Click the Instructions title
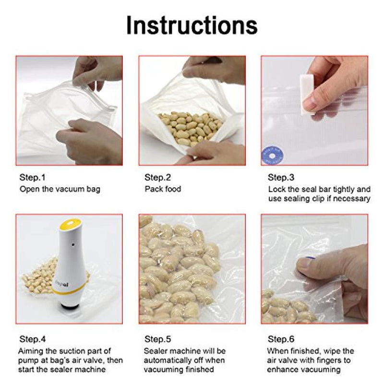tap(192, 25)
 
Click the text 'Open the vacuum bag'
tap(60, 189)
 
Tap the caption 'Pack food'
tap(163, 189)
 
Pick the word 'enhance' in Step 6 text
tap(284, 370)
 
